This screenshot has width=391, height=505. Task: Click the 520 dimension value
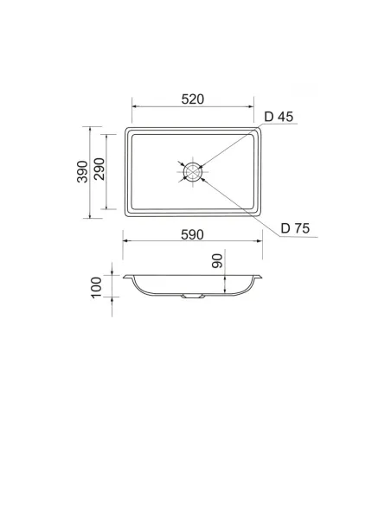tap(193, 99)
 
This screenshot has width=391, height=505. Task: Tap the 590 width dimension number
tap(192, 235)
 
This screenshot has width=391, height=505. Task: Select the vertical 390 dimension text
tap(82, 171)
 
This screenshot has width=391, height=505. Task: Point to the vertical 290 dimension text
tap(99, 169)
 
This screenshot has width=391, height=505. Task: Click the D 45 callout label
tap(279, 117)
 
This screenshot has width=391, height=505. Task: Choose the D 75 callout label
tap(295, 228)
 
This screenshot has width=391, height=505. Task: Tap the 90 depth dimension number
tap(217, 261)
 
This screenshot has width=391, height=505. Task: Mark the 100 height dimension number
tap(96, 288)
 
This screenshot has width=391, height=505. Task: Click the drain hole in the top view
tap(193, 172)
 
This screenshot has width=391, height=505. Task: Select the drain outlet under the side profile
tap(193, 296)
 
